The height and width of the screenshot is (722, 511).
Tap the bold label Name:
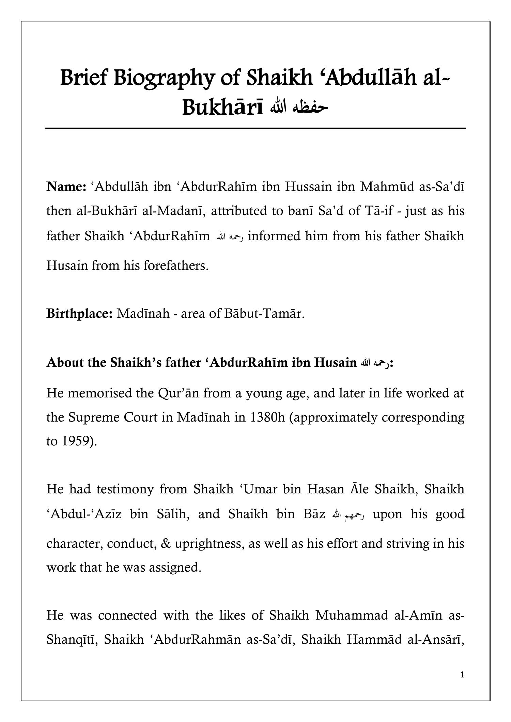coord(66,187)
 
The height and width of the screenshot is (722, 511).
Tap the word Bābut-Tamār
coord(263,313)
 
